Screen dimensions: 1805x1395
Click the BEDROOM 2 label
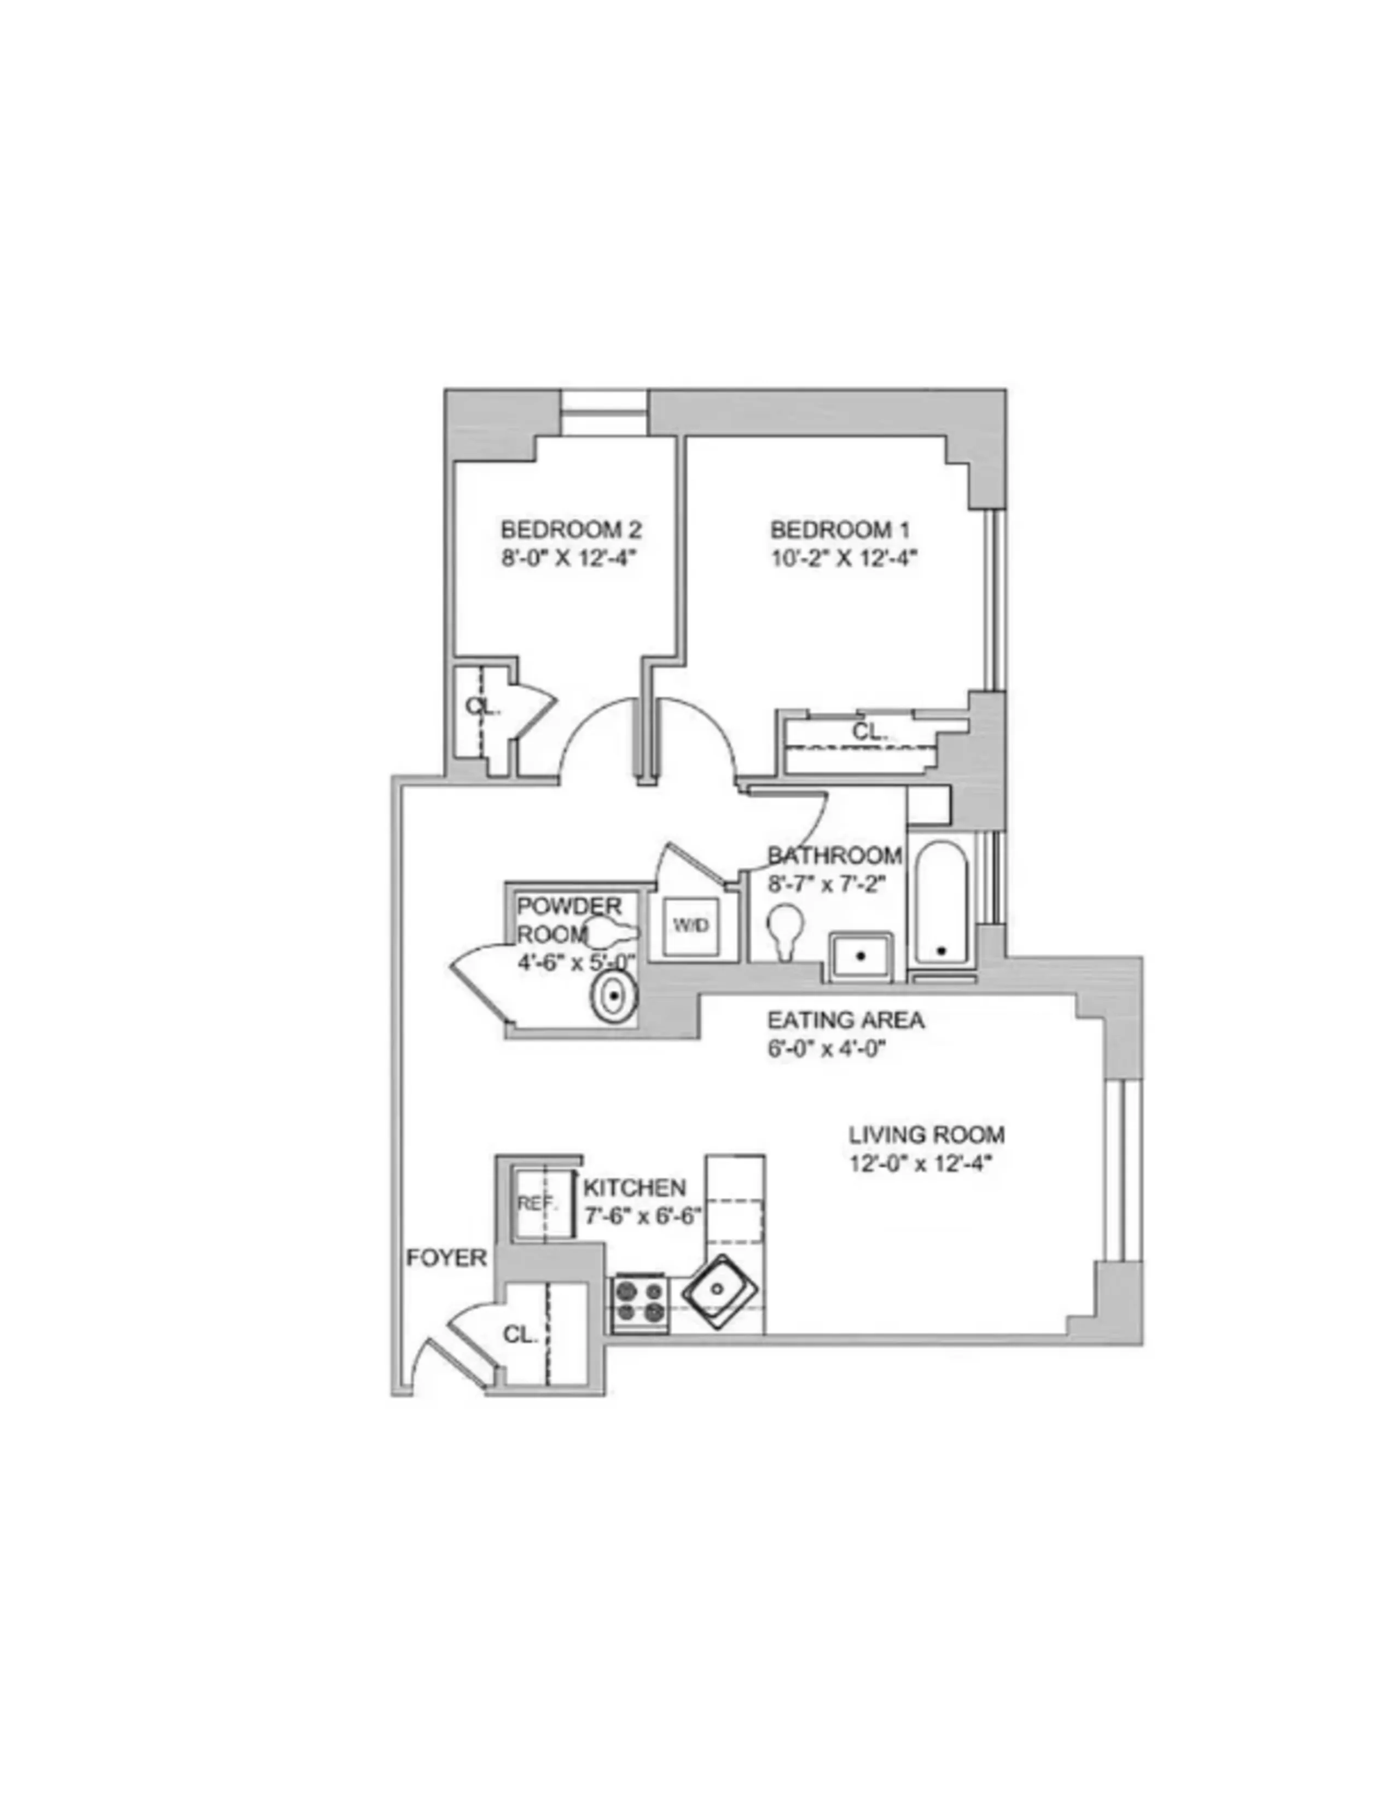[571, 528]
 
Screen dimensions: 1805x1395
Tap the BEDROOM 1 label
[840, 528]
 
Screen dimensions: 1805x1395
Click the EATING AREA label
[845, 1020]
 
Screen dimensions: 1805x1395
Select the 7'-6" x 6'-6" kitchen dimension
[642, 1216]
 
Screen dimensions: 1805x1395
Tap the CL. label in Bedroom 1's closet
[869, 731]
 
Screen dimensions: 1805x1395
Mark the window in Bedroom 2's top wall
[603, 411]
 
